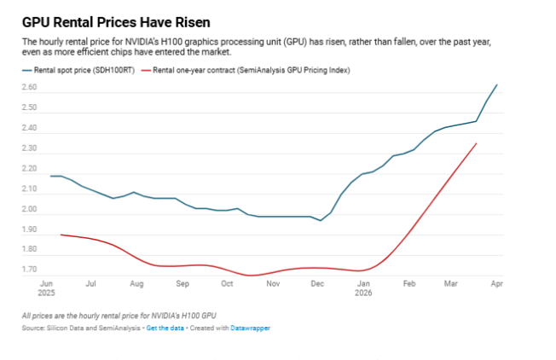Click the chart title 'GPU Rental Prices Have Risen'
[116, 23]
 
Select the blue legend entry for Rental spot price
[78, 70]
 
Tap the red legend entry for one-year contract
[246, 70]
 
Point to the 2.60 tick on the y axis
[30, 87]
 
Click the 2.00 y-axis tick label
[30, 209]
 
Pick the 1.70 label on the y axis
[30, 270]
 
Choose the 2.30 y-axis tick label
[30, 148]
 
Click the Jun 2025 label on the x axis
[46, 288]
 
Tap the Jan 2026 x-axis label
[363, 288]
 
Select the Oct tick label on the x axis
[227, 284]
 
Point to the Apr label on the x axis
[497, 284]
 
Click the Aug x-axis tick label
[136, 284]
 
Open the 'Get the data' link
[165, 328]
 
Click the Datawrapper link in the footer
[251, 328]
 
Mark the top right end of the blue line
[497, 84]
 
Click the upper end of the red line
[476, 143]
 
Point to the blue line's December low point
[321, 221]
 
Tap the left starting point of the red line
[61, 235]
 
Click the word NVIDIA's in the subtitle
[142, 42]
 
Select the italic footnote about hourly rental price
[119, 316]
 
